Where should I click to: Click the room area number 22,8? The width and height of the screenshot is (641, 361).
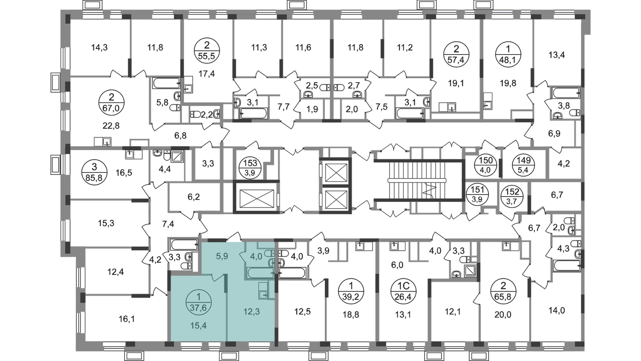111,126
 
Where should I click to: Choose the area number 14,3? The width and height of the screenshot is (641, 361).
99,47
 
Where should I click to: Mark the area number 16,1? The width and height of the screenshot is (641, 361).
127,319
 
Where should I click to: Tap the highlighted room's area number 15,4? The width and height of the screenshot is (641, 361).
199,325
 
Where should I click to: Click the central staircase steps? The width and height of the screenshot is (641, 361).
417,180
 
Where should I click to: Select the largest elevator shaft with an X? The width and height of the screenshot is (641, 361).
256,198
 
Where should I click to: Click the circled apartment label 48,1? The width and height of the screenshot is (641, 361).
508,54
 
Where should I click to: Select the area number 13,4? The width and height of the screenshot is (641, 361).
556,55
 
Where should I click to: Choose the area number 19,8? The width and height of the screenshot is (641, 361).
508,83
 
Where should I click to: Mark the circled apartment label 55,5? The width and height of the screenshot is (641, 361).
207,51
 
